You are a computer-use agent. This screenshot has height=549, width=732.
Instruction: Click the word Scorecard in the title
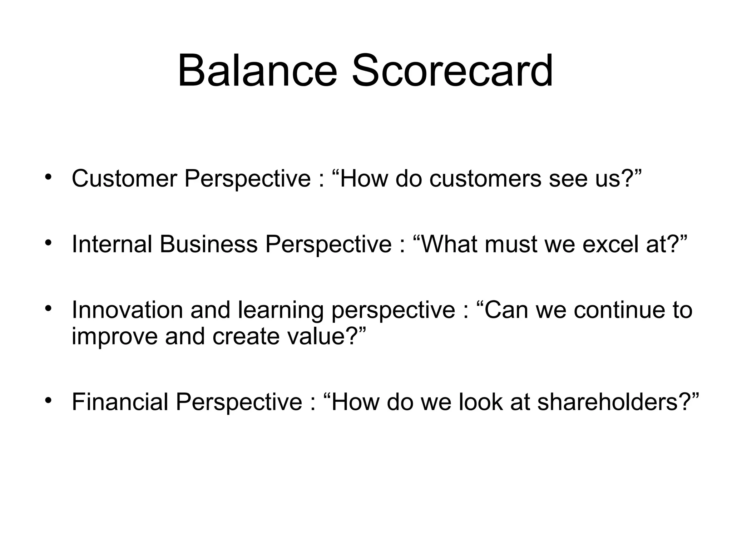[x=452, y=70]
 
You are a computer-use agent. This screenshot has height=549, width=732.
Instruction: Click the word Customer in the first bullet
[x=124, y=178]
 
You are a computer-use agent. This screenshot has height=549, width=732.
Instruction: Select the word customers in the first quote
[x=485, y=178]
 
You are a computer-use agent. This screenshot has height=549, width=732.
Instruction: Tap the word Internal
[x=112, y=244]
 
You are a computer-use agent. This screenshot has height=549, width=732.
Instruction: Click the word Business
[x=208, y=244]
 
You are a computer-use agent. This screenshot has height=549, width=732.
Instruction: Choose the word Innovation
[x=127, y=310]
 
